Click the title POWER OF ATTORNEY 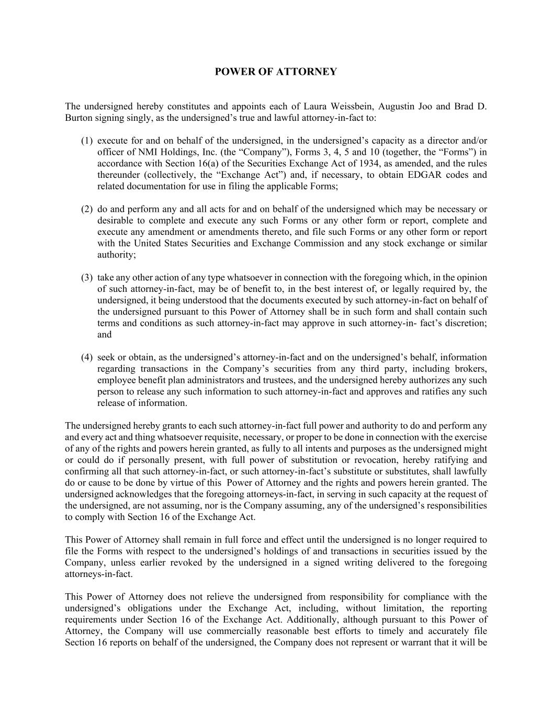(x=276, y=72)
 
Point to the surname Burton (x=80, y=118)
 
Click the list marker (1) (x=87, y=141)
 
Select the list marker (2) (x=87, y=209)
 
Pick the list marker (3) (x=87, y=278)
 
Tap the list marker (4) (x=87, y=357)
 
